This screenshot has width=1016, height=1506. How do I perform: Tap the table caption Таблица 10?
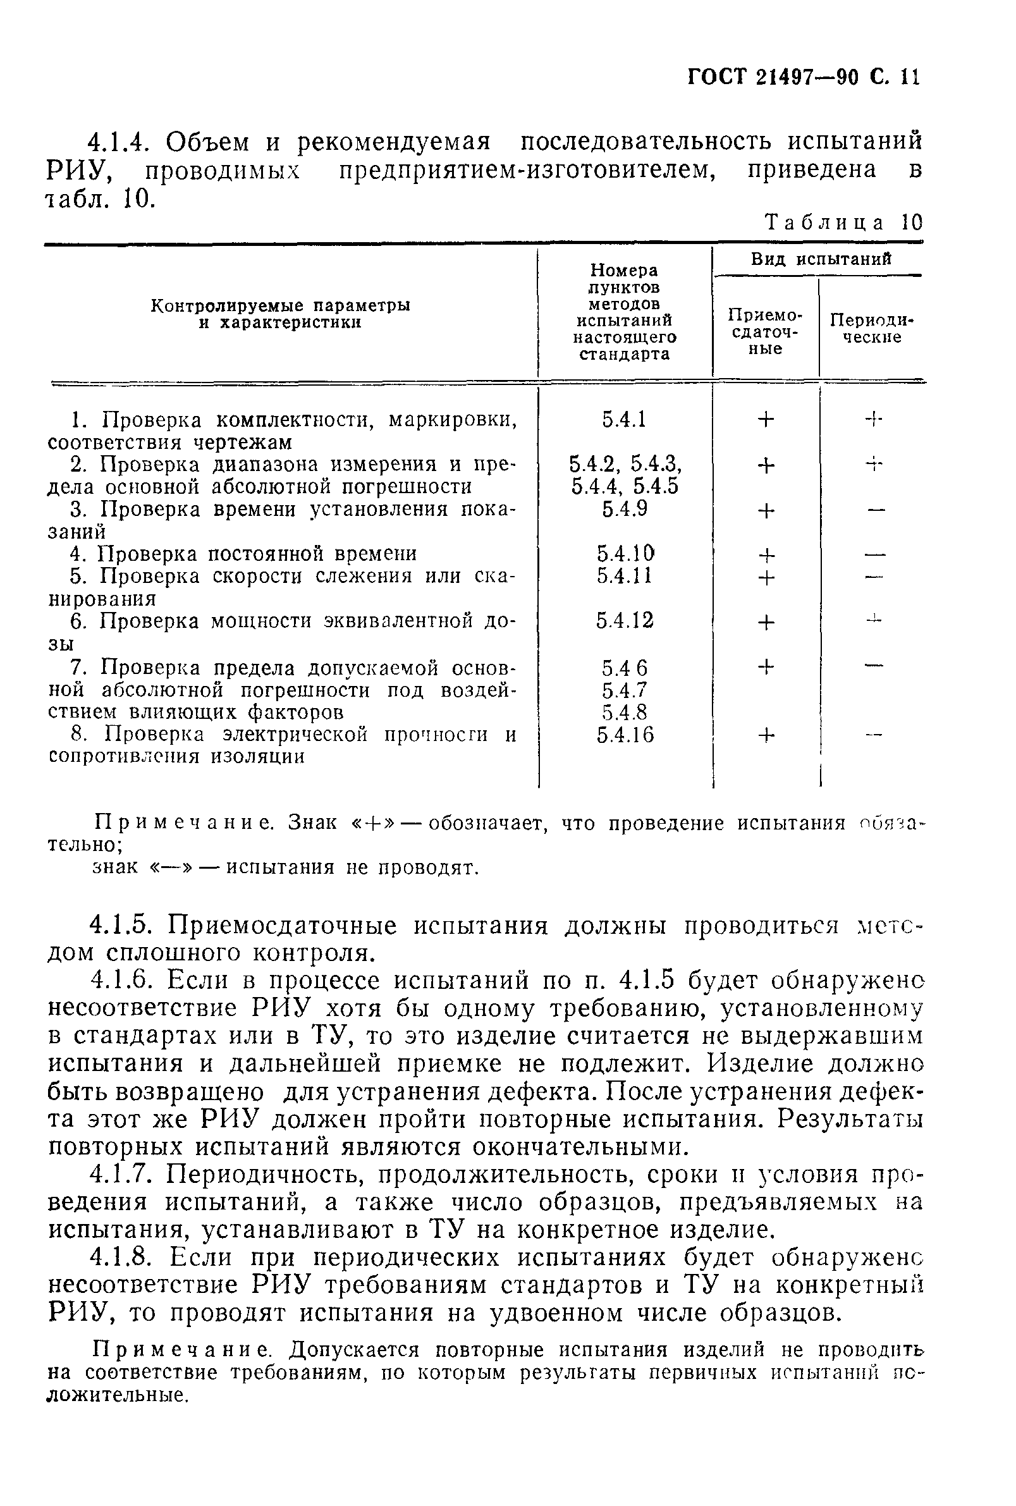coord(843,223)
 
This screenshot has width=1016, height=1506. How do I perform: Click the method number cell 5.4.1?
coord(624,420)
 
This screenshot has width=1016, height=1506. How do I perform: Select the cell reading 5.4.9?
coord(624,510)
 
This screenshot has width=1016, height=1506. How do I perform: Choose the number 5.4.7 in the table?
coord(624,690)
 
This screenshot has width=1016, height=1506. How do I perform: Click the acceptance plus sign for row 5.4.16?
coord(766,735)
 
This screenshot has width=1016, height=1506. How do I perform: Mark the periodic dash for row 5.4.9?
coord(876,510)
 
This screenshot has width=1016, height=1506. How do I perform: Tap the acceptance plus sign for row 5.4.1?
coord(766,420)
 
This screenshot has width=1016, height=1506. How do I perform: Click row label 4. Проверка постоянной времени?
coord(243,553)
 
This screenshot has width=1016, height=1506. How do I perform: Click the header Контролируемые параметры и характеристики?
coord(280,314)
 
